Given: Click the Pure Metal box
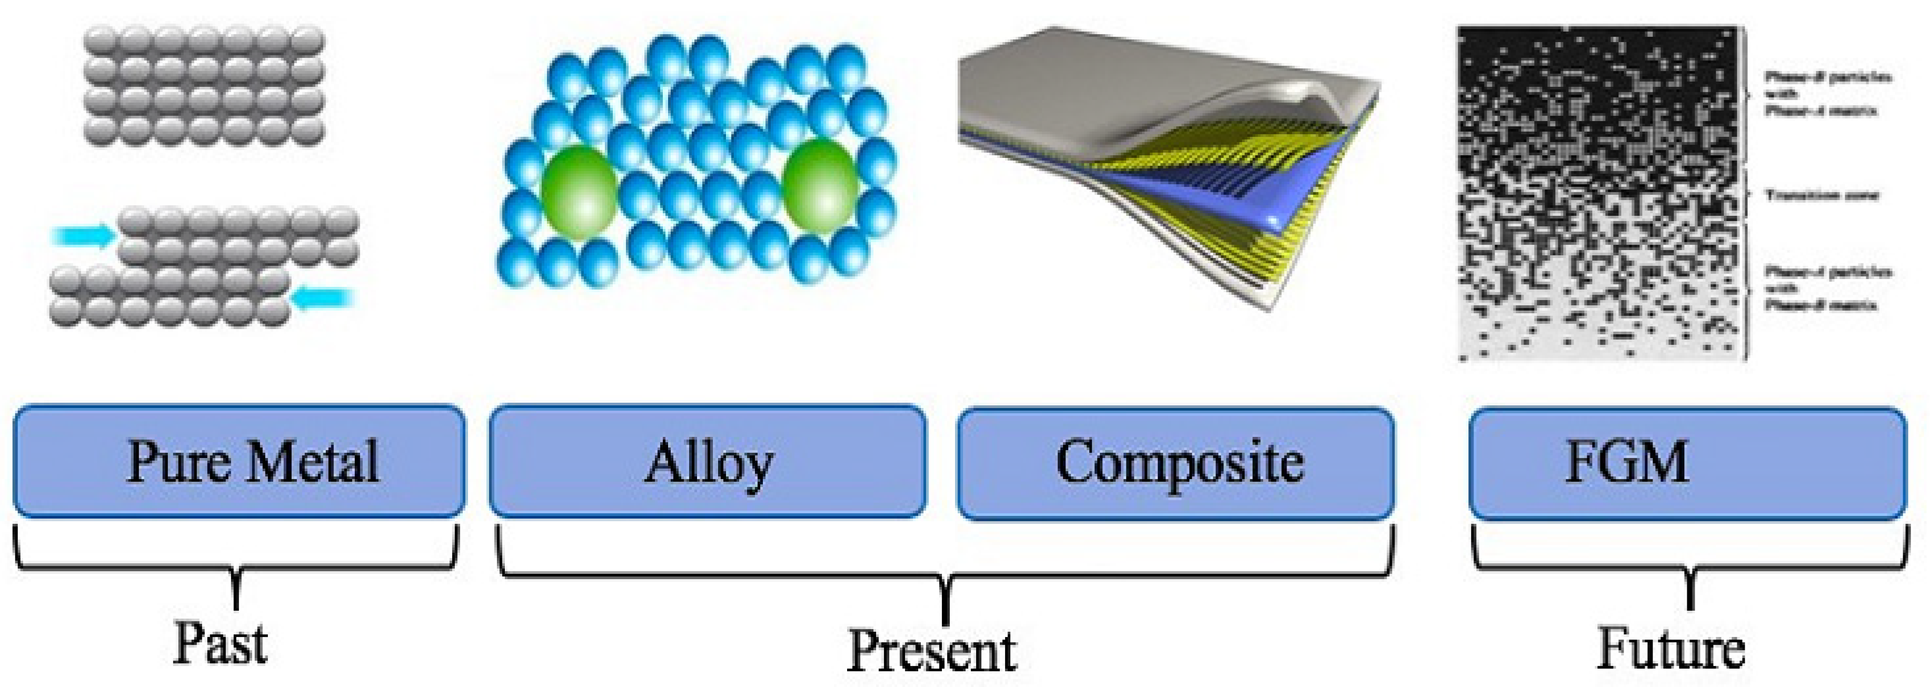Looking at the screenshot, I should pyautogui.click(x=239, y=461).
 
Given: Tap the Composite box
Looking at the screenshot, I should pyautogui.click(x=1176, y=462).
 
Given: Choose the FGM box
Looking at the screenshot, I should pyautogui.click(x=1687, y=462).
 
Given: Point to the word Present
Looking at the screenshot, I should pyautogui.click(x=931, y=650).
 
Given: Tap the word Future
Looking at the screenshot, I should pyautogui.click(x=1671, y=648).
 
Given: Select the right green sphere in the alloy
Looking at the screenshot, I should pyautogui.click(x=820, y=187).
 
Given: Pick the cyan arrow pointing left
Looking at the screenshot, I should pyautogui.click(x=322, y=300).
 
